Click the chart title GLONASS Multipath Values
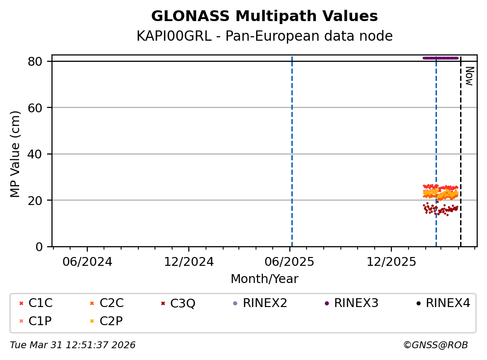[x=264, y=16]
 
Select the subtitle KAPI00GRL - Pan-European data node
[x=264, y=36]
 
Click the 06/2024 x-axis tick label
[x=87, y=261]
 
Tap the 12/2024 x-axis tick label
[x=189, y=261]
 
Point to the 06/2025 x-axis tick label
[x=289, y=261]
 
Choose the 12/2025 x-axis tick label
[x=391, y=261]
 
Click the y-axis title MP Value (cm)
[x=16, y=154]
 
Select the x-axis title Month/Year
[x=264, y=279]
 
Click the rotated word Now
[x=469, y=76]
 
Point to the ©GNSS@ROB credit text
[x=435, y=345]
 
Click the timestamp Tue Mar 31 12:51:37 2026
[x=73, y=345]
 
